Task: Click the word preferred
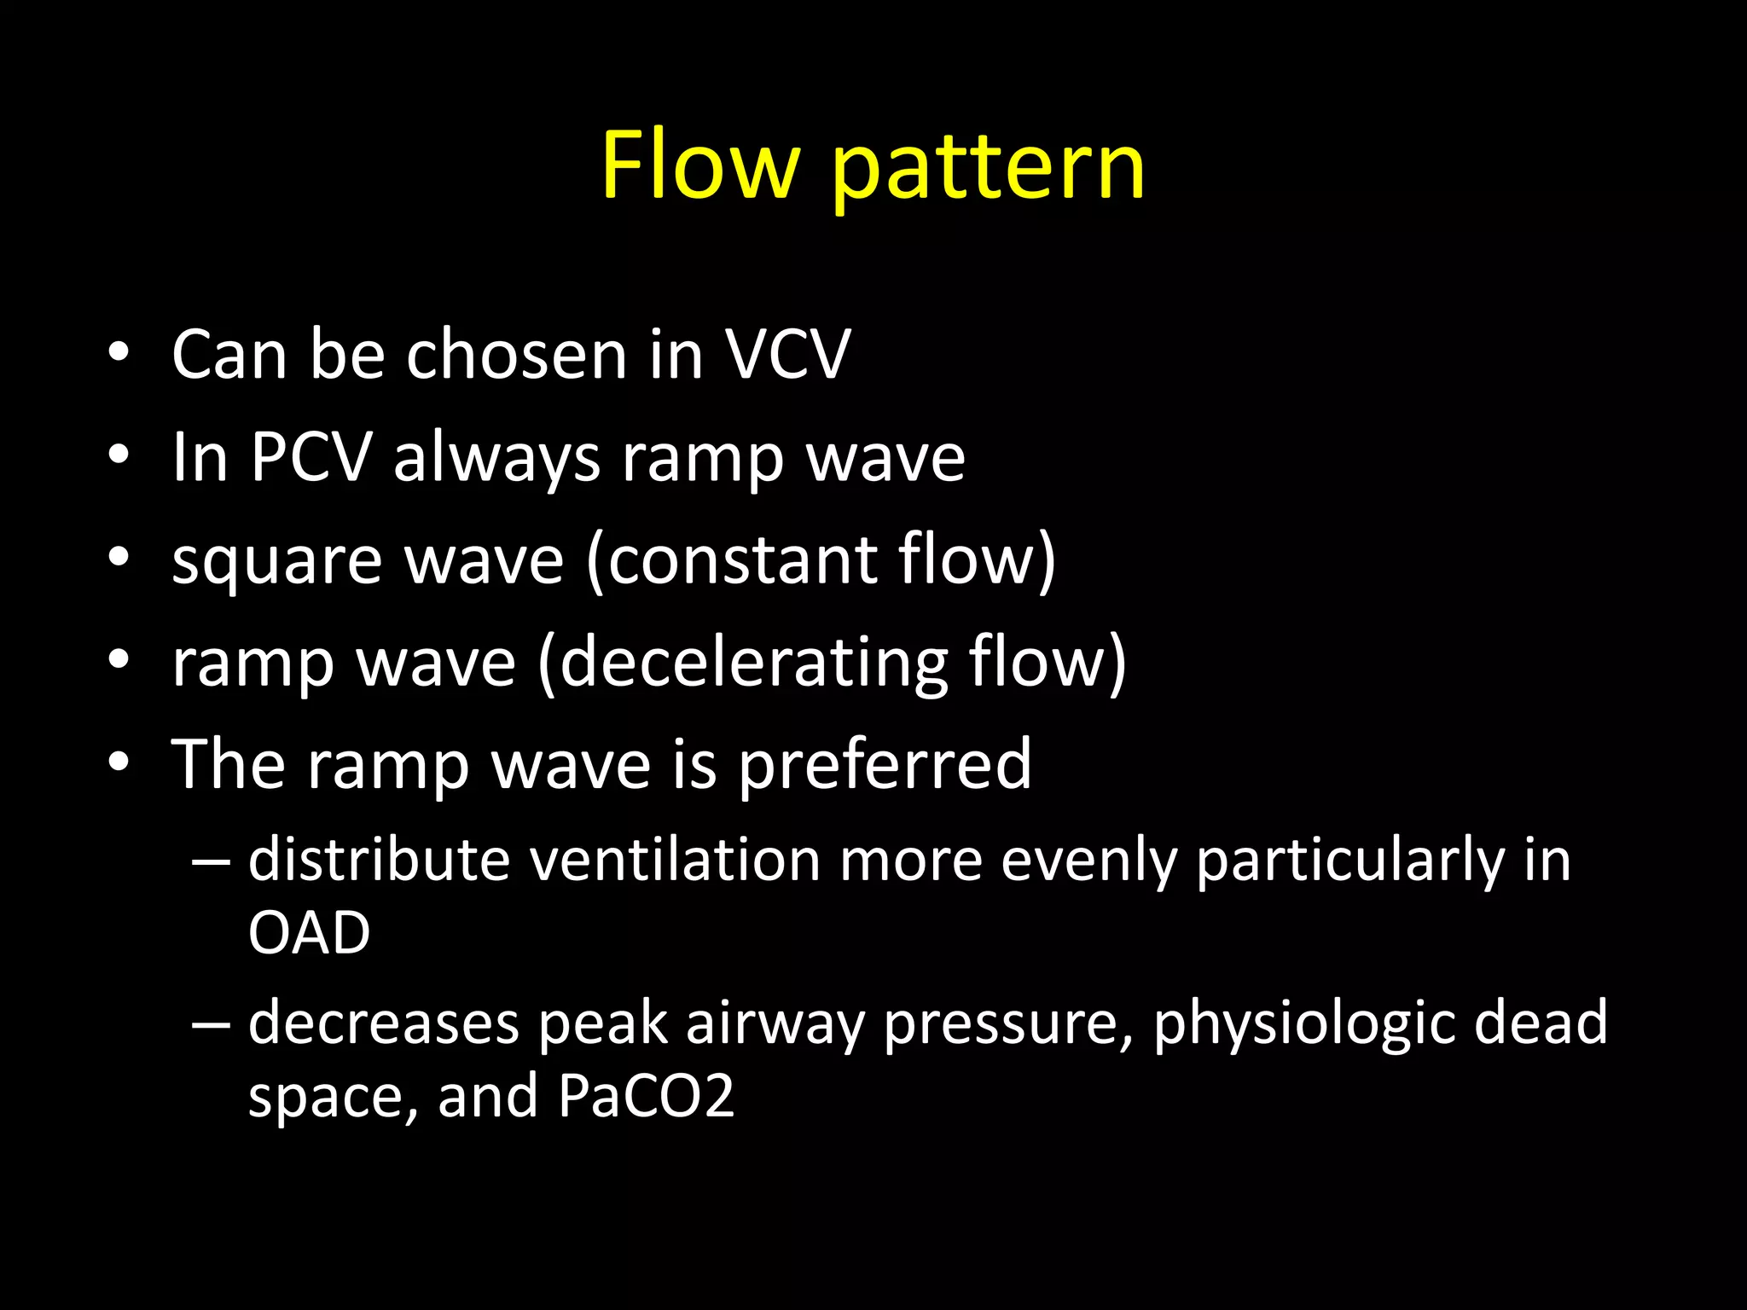click(x=885, y=766)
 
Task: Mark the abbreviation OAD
click(x=309, y=932)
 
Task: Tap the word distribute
click(x=379, y=860)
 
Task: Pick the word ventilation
click(x=675, y=860)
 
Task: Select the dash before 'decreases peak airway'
click(x=211, y=1023)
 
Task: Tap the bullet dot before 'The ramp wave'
click(x=119, y=762)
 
